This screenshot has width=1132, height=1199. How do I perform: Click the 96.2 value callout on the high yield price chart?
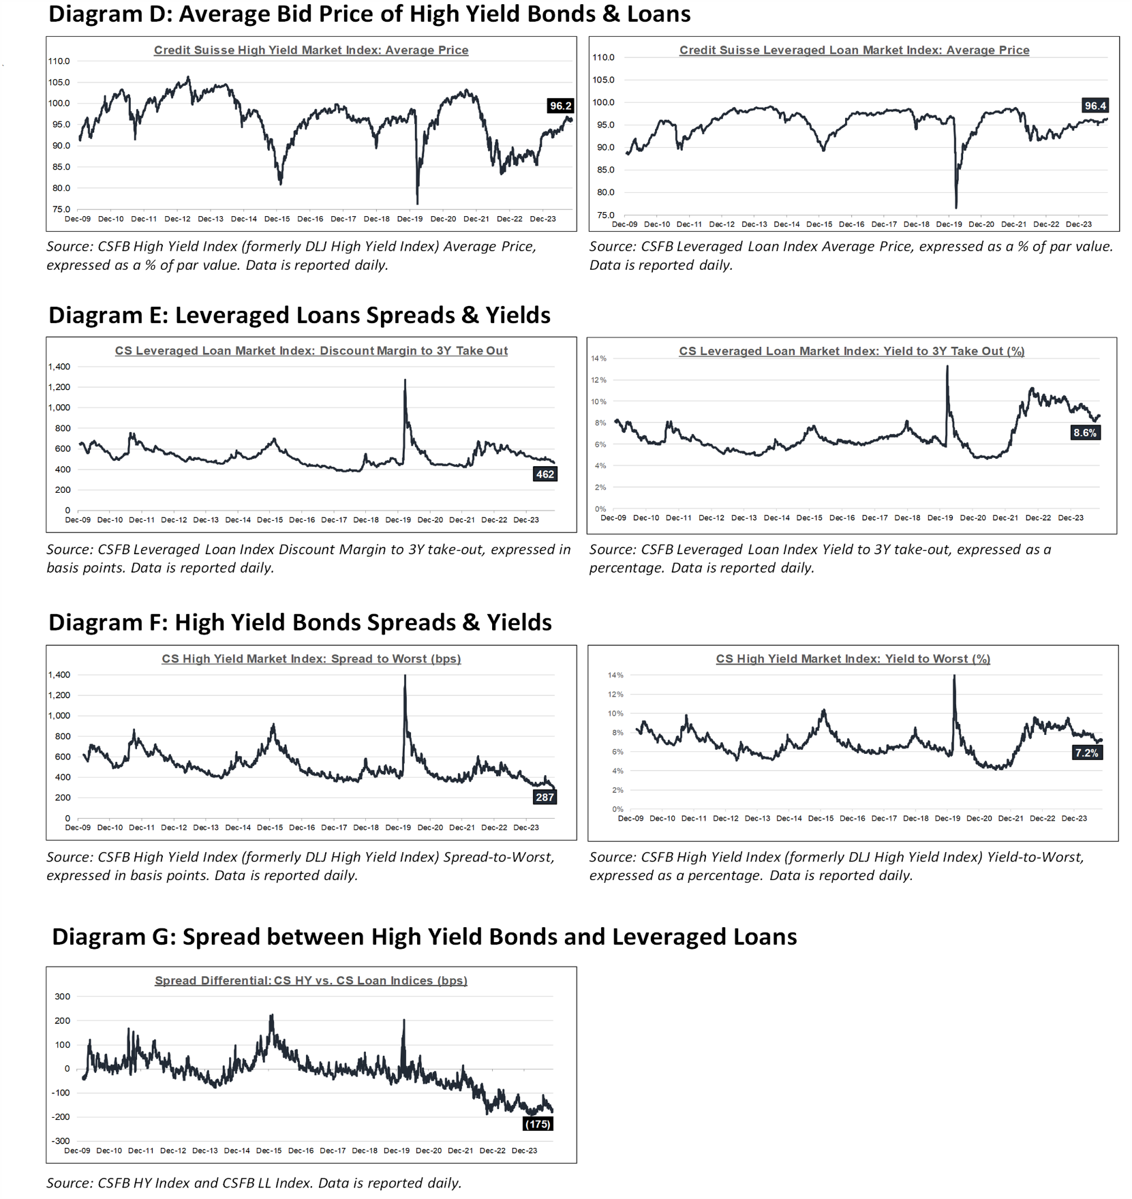pyautogui.click(x=560, y=106)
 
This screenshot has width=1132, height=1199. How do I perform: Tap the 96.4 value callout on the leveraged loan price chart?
pyautogui.click(x=1095, y=106)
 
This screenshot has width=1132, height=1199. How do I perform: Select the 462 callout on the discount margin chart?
pyautogui.click(x=545, y=474)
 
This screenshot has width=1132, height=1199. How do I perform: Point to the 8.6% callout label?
pyautogui.click(x=1085, y=433)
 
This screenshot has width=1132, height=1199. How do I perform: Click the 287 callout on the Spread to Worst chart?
pyautogui.click(x=545, y=797)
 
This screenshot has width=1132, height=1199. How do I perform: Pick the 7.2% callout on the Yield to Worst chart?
pyautogui.click(x=1086, y=753)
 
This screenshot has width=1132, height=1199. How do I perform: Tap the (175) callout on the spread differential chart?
pyautogui.click(x=537, y=1124)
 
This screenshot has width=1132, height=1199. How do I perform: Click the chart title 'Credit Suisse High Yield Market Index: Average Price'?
pyautogui.click(x=311, y=50)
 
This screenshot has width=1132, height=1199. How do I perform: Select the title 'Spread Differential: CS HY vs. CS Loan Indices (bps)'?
pyautogui.click(x=311, y=980)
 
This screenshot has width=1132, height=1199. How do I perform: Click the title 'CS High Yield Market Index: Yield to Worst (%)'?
pyautogui.click(x=853, y=658)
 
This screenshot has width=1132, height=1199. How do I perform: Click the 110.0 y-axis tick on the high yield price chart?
pyautogui.click(x=59, y=61)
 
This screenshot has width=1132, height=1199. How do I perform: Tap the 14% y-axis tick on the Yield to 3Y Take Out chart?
pyautogui.click(x=598, y=359)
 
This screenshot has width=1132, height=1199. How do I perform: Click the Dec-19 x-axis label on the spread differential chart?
pyautogui.click(x=397, y=1151)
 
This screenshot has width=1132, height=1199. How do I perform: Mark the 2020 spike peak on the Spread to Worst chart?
pyautogui.click(x=405, y=676)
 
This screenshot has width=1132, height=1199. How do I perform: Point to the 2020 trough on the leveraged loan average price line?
pyautogui.click(x=956, y=207)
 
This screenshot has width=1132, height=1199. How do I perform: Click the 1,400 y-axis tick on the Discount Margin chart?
pyautogui.click(x=59, y=367)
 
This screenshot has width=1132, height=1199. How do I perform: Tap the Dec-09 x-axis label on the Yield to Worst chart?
pyautogui.click(x=630, y=818)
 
